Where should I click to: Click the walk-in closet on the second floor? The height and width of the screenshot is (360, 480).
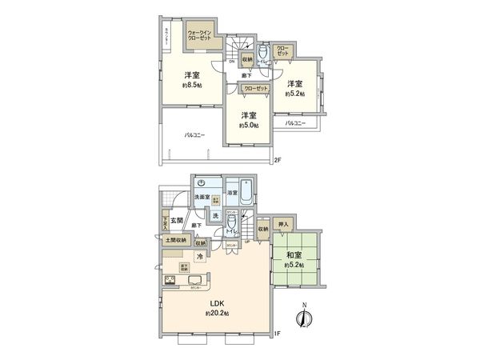pos(200,34)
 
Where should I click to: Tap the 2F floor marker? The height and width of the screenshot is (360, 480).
pos(278,161)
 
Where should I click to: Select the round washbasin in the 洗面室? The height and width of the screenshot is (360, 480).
pos(202,182)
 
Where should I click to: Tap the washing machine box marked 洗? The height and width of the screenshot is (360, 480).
pos(215,215)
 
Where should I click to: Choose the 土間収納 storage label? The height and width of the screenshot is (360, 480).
pos(175,239)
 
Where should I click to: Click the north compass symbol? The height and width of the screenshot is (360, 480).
pos(304,318)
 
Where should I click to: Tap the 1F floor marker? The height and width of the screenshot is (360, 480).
pos(277,334)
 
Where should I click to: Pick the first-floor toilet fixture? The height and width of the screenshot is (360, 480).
pos(231,222)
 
